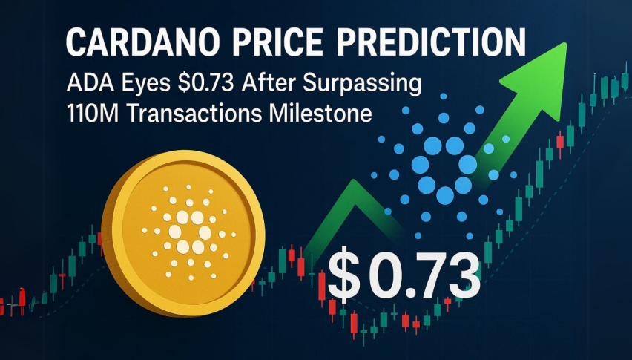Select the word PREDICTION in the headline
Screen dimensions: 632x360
tap(431, 42)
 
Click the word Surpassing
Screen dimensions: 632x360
tap(362, 85)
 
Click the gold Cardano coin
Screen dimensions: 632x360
tap(183, 233)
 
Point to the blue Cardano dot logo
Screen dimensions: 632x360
tap(444, 166)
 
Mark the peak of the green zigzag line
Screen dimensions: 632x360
tap(354, 182)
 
